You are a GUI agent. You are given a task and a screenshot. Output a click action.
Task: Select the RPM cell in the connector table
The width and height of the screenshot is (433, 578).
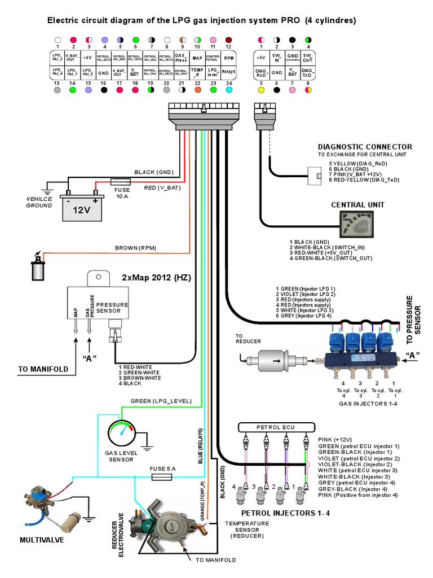click(x=228, y=58)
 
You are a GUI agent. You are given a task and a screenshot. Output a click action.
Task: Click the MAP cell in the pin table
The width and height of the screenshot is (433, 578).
click(x=197, y=58)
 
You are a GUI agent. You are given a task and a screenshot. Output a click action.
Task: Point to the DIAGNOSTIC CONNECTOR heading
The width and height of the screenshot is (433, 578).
click(x=365, y=147)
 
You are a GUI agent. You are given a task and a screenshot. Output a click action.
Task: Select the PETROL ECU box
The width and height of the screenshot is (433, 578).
click(x=276, y=427)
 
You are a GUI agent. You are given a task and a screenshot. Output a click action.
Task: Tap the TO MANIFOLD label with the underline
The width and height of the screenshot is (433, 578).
click(x=43, y=370)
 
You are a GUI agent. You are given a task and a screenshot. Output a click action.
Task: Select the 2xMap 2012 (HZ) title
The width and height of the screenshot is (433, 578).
click(x=156, y=278)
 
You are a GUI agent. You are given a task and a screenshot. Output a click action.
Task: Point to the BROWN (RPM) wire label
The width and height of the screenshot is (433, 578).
click(x=135, y=248)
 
